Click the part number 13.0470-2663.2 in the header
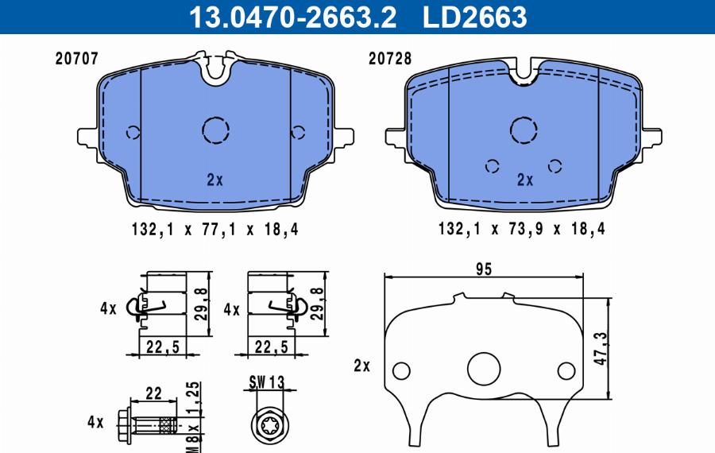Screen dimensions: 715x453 [x=292, y=17]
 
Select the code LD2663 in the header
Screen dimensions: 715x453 [x=475, y=17]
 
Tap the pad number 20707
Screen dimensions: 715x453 [x=76, y=58]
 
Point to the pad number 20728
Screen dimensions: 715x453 [x=390, y=58]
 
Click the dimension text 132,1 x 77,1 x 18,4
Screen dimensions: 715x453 [x=214, y=229]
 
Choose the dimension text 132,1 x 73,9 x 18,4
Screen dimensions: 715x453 [x=522, y=229]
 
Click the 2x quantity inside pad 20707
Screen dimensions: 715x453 [x=214, y=180]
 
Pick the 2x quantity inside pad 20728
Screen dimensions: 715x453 [x=525, y=180]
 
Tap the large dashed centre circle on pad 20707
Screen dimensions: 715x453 [x=215, y=130]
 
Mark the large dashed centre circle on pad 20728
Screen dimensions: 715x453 [x=524, y=130]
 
